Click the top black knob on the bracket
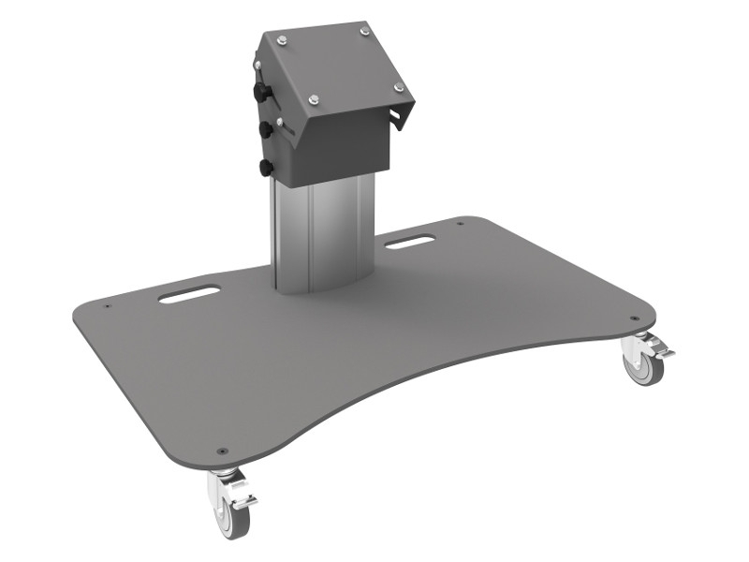pyautogui.click(x=259, y=93)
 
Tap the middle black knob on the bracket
pyautogui.click(x=263, y=127)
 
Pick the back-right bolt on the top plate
pyautogui.click(x=362, y=32)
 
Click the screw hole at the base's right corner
pyautogui.click(x=639, y=316)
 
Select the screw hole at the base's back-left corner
pyautogui.click(x=107, y=304)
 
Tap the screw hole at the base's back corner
pyautogui.click(x=460, y=223)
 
